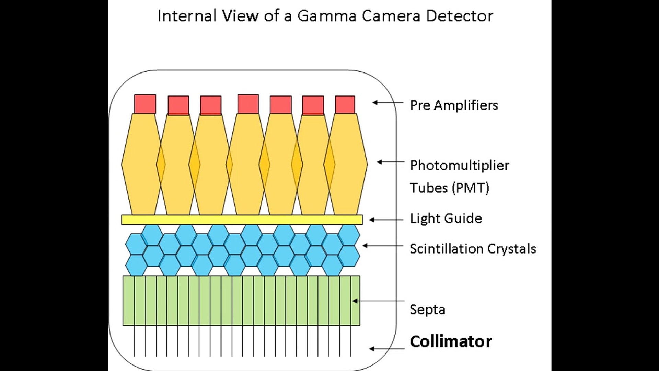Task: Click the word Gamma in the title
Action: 327,16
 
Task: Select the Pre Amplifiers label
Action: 454,105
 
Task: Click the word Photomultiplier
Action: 460,166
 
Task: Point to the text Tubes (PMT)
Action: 449,188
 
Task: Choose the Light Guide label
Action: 446,218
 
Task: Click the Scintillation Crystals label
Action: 473,249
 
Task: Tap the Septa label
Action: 427,310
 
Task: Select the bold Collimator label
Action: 451,341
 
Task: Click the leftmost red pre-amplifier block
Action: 145,104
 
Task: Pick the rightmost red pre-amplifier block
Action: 345,104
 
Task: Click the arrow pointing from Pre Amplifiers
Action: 388,102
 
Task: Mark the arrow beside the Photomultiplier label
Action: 391,162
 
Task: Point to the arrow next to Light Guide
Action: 386,220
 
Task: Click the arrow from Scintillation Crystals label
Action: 382,246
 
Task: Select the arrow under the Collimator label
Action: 386,349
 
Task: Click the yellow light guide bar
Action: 242,220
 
